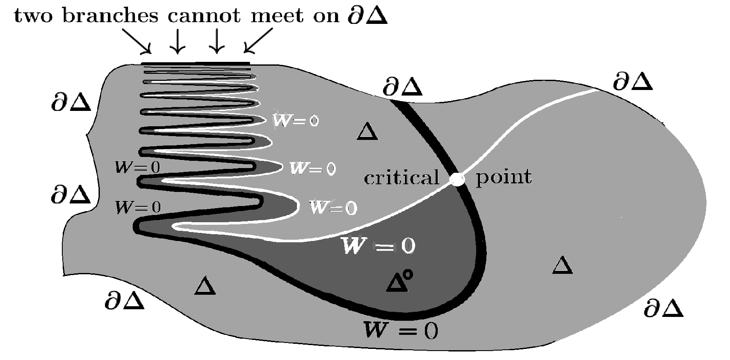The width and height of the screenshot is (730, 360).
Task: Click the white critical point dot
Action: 457,179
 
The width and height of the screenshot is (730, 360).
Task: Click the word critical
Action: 401,177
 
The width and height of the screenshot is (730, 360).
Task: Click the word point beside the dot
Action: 503,177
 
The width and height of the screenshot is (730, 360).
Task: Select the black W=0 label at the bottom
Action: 400,330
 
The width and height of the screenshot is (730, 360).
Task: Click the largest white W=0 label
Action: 378,246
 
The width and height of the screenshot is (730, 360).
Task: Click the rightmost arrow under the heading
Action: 259,41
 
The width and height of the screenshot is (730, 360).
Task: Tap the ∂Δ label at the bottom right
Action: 663,308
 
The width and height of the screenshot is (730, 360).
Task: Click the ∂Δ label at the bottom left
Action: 125,301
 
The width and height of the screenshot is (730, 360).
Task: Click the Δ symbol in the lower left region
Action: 205,286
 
